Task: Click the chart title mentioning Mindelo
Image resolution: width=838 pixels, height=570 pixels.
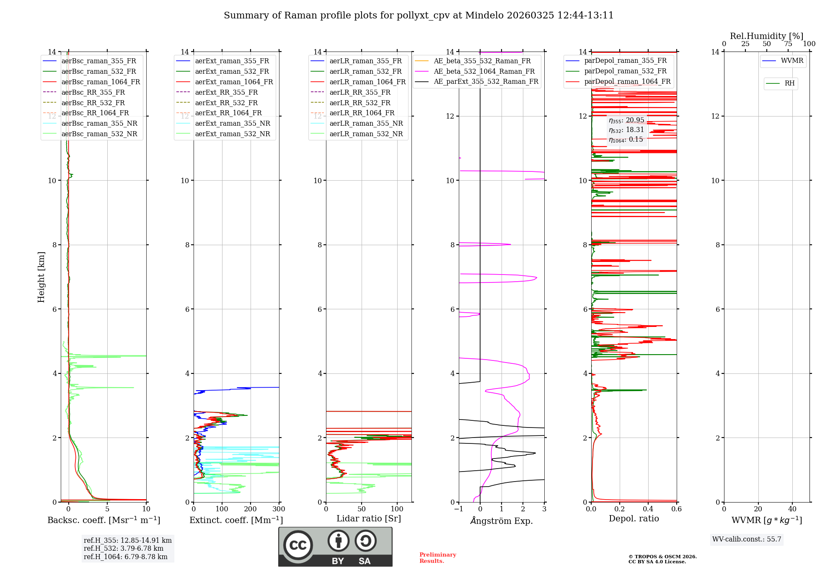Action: pos(419,16)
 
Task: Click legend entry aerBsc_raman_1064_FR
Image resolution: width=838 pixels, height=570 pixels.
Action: pos(101,82)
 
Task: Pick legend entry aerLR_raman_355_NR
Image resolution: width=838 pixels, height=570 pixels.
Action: pos(366,123)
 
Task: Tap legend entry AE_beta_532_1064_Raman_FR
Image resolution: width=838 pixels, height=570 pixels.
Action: pos(484,71)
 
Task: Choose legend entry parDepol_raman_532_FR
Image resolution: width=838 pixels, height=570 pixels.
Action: pos(625,71)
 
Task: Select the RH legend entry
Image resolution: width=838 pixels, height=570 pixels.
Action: pos(789,83)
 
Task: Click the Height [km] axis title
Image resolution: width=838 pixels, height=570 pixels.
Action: pos(41,277)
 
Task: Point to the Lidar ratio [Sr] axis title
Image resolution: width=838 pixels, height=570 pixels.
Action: pos(369,518)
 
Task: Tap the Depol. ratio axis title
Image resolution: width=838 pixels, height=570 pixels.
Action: pos(634,518)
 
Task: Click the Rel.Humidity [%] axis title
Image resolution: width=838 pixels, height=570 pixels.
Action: pos(766,36)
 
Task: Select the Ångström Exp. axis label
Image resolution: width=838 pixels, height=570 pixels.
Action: pos(502,521)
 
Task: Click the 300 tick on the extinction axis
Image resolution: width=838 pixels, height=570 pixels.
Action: pos(279,509)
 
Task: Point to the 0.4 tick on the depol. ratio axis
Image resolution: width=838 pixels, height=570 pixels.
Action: pos(648,509)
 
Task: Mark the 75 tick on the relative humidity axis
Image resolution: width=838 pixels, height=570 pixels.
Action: pos(788,44)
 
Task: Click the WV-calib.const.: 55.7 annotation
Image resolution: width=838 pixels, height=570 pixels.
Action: pos(747,539)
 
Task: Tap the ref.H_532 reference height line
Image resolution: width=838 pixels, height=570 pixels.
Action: pos(124,548)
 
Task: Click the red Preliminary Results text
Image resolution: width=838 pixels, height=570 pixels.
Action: pos(437,558)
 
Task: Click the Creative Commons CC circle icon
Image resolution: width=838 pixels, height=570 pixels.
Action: pos(298,545)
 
